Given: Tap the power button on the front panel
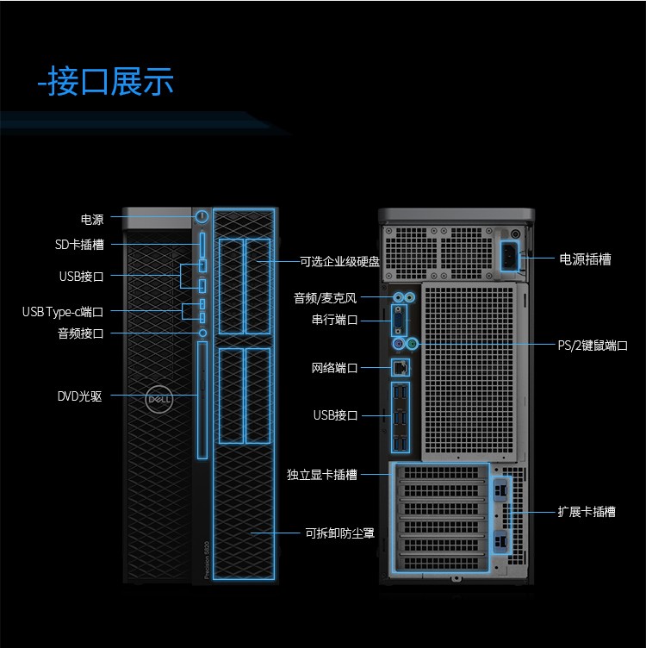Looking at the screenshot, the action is pos(202,216).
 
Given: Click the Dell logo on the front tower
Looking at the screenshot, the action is pos(159,399).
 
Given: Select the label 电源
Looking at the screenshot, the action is pos(92,219).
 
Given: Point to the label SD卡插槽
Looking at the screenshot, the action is pos(79,245).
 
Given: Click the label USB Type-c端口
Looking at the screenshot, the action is pos(63,312).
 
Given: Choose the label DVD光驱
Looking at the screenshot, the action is pos(80,396).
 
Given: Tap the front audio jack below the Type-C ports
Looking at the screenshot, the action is pos(202,333).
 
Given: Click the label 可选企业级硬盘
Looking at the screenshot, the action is pos(339,262).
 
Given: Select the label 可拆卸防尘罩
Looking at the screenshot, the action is pos(339,533).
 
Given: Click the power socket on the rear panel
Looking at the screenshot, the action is pos(510,257).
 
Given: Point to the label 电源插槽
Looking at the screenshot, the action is pos(586,259).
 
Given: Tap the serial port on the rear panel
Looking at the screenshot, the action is pos(399,321).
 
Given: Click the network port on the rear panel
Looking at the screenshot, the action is pos(401,367).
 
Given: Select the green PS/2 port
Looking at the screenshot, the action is pos(412,344).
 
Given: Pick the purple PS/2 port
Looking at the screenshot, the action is pos(398,344).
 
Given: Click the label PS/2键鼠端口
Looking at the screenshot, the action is pos(593,345).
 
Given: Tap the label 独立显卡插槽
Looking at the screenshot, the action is pos(322,475).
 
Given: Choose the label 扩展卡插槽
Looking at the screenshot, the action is pos(587,512).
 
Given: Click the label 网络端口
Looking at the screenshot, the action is pos(334,368).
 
